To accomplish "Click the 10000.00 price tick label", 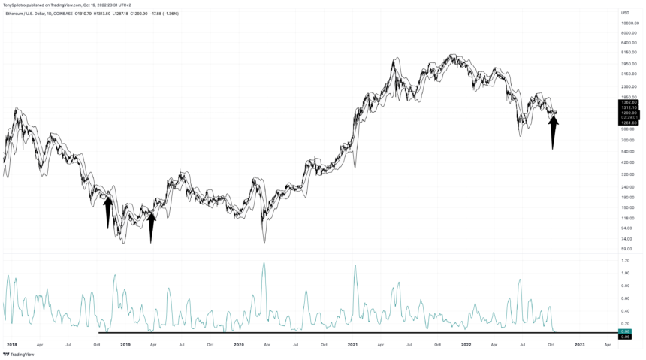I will point(629,23).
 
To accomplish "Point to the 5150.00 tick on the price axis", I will point(629,53).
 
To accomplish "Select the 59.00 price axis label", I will point(626,248).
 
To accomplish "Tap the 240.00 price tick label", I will point(627,187).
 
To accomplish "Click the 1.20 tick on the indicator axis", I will point(625,261).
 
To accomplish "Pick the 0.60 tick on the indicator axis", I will point(625,298).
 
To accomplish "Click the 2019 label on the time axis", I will point(125,344).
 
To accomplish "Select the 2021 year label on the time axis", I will point(352,344).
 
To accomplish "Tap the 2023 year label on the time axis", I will point(579,344).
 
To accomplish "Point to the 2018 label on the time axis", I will point(11,344).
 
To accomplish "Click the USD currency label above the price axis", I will point(625,13).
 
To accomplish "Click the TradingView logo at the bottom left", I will point(17,354).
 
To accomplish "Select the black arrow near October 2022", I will point(553,132).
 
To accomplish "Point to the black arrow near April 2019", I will point(151,227).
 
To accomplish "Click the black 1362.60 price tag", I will point(629,102).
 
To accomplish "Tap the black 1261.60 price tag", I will point(629,123).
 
